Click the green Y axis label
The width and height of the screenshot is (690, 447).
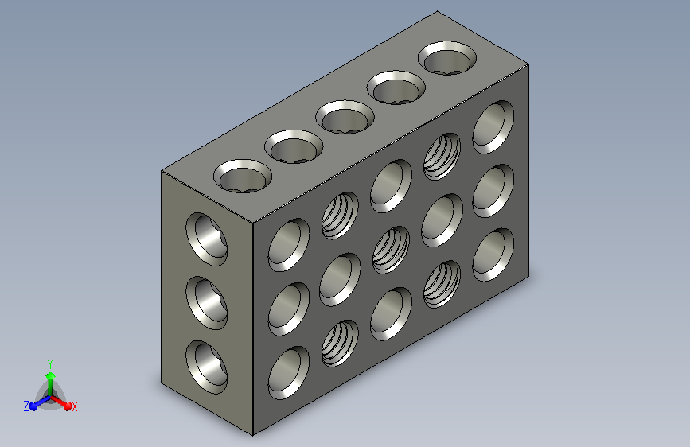tap(50, 363)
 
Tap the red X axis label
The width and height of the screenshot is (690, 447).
tap(74, 406)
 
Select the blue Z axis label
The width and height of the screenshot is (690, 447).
tap(26, 406)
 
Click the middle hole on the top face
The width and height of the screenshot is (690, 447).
tap(345, 117)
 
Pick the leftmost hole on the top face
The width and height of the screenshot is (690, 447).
tap(243, 176)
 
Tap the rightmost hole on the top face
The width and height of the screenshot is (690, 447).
tap(447, 57)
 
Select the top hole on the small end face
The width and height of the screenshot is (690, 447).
tap(206, 239)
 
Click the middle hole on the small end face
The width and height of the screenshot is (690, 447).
tap(206, 303)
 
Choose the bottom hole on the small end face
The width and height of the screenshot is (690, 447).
tap(206, 367)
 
